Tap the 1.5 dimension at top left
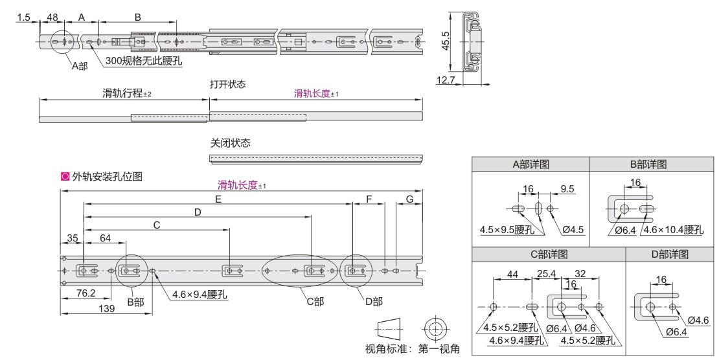(23, 17)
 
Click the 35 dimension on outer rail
(72, 238)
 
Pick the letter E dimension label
(218, 199)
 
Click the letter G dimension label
(409, 199)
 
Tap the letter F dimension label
(369, 199)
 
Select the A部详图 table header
(531, 164)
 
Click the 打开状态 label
(227, 84)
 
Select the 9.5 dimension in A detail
(568, 189)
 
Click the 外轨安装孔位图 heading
(107, 175)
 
